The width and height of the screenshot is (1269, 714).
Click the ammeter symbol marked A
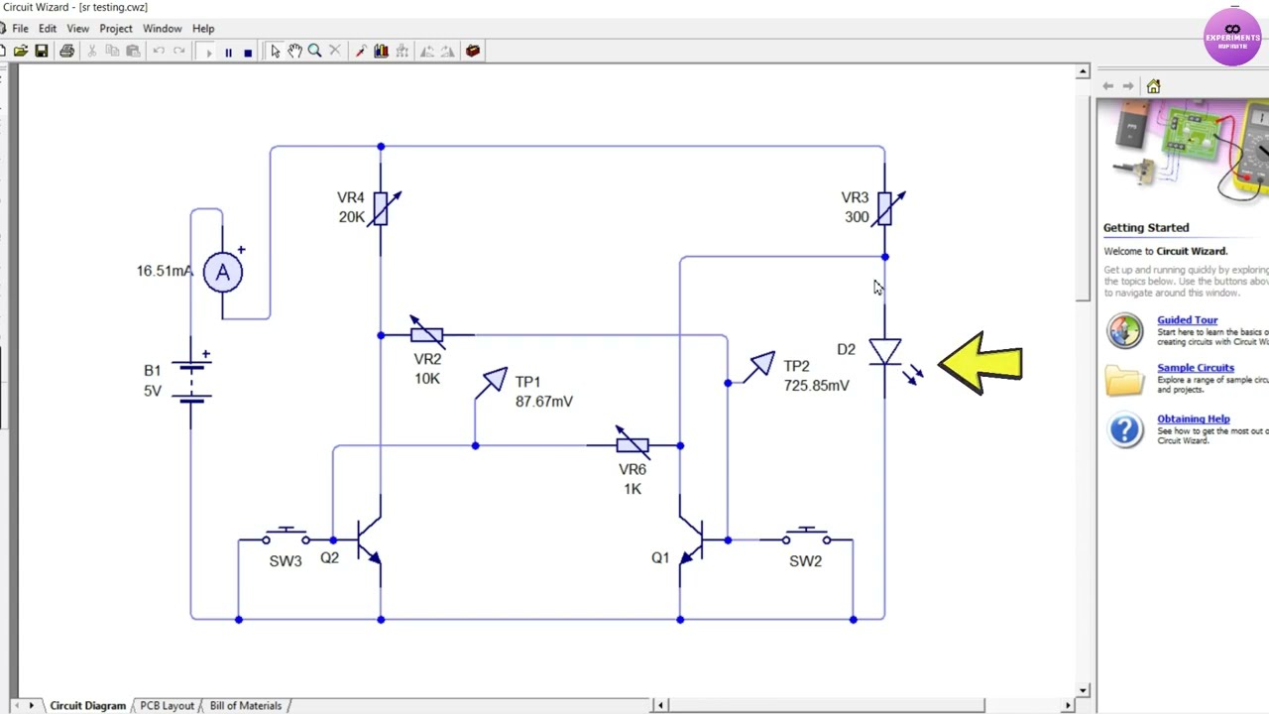point(222,273)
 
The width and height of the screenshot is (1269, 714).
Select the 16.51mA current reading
point(165,271)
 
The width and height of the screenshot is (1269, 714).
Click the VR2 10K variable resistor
point(427,335)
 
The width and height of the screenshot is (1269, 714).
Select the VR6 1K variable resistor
point(633,445)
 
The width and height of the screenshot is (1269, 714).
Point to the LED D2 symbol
point(884,352)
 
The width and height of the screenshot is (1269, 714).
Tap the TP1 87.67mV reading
point(543,402)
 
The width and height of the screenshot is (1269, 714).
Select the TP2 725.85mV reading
point(816,386)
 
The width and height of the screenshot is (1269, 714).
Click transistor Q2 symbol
point(369,540)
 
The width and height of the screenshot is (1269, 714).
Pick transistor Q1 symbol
point(692,540)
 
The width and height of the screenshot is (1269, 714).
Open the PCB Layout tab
point(167,706)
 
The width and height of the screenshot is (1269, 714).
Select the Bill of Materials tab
point(245,706)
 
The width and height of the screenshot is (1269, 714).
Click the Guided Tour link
point(1187,320)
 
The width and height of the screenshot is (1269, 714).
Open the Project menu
point(115,29)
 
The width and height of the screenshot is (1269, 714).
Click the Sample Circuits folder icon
point(1124,380)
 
